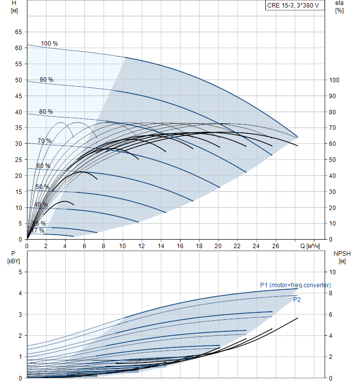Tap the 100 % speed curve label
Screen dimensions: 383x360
tap(49, 44)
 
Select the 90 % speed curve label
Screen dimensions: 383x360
tap(47, 80)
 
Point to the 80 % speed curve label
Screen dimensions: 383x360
tap(46, 112)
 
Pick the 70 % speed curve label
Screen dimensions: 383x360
tap(44, 141)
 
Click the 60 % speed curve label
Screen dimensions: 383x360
tap(43, 166)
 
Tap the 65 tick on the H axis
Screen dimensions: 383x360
tap(19, 32)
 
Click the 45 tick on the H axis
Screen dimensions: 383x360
tap(19, 96)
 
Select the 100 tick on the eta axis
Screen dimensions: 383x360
tap(334, 80)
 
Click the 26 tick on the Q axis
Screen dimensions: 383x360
tap(275, 246)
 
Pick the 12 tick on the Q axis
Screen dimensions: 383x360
tap(141, 246)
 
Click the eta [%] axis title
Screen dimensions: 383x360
tap(339, 7)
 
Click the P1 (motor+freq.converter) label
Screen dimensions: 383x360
tap(295, 285)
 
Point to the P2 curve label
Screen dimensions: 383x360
tap(297, 300)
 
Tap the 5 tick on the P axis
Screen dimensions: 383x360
tap(21, 272)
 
